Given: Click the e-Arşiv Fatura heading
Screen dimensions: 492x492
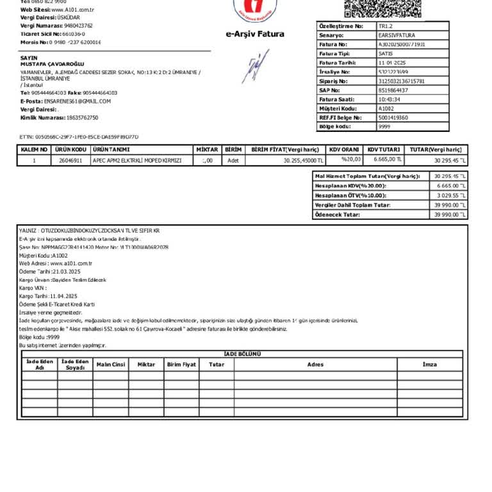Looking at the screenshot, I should point(254,34).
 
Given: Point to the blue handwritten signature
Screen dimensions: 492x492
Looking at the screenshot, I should point(255,67).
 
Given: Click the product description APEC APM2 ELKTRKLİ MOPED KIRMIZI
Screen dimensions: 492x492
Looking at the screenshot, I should point(138,160).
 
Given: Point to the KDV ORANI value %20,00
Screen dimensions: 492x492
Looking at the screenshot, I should point(351,160).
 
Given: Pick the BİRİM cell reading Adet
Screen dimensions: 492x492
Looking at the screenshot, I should point(233,160).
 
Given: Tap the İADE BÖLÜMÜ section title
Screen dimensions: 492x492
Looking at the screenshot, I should point(242,354).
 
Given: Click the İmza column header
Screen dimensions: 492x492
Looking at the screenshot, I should point(429,364).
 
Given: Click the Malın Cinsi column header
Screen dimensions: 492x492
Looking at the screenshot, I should point(111,364).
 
